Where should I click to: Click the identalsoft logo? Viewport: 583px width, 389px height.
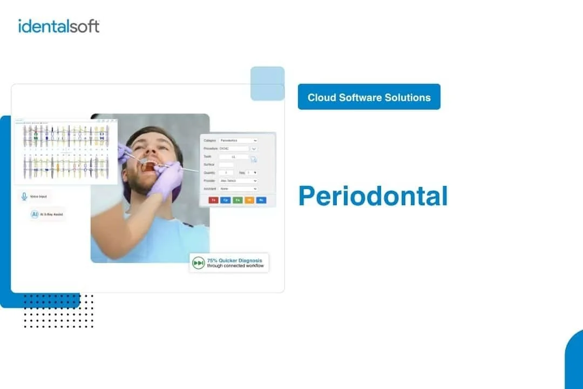pos(59,26)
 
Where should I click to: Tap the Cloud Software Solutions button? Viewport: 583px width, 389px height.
pos(369,97)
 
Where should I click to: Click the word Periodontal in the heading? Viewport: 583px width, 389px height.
pos(373,196)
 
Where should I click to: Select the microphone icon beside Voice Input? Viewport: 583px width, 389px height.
pos(24,197)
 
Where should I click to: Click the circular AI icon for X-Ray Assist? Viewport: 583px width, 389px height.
pos(35,214)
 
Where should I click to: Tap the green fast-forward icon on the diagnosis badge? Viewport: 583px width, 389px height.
pos(198,263)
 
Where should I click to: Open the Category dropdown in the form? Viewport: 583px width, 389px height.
pos(238,140)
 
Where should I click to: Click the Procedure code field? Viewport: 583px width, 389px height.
pos(234,149)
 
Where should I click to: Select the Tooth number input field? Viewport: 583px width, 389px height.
pos(234,157)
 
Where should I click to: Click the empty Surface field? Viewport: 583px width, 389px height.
pos(226,165)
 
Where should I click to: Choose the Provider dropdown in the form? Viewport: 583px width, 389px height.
pos(238,180)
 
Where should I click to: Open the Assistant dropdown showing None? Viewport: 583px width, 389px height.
pos(238,189)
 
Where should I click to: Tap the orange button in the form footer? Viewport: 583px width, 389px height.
pos(249,200)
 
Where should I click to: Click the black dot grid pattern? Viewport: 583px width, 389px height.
pos(58,311)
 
